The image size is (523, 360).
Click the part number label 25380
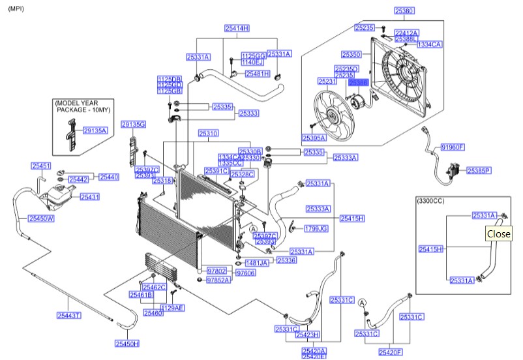pos(404,11)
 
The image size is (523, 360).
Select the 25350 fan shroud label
pos(353,53)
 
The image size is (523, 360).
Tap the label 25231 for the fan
pos(327,82)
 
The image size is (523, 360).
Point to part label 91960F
pos(453,147)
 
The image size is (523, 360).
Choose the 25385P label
pos(479,170)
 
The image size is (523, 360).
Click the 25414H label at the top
pos(237,28)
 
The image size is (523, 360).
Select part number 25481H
pos(257,74)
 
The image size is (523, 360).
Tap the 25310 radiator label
pos(208,133)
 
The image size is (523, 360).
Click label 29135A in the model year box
pos(95,130)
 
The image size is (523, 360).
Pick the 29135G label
pos(134,124)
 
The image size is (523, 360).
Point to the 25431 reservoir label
pos(89,196)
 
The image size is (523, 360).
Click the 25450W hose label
pos(40,218)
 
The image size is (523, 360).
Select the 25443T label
pos(68,316)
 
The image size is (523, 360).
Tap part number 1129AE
pos(172,307)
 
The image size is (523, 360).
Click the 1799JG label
pos(316,228)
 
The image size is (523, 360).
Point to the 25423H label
pos(306,335)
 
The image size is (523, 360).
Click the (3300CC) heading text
pos(431,202)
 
